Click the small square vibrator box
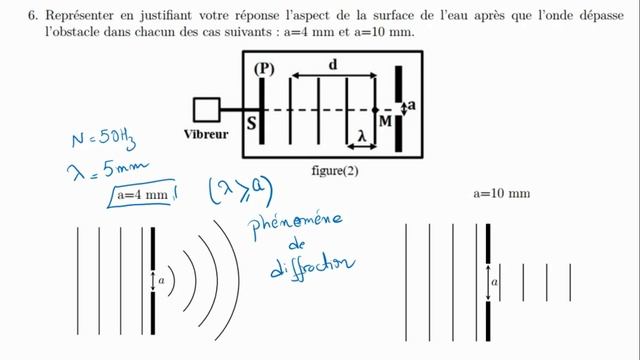pyautogui.click(x=207, y=109)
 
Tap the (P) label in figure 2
pyautogui.click(x=264, y=69)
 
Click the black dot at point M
pyautogui.click(x=375, y=109)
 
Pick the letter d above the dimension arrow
pyautogui.click(x=332, y=64)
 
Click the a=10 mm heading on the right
pyautogui.click(x=501, y=192)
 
